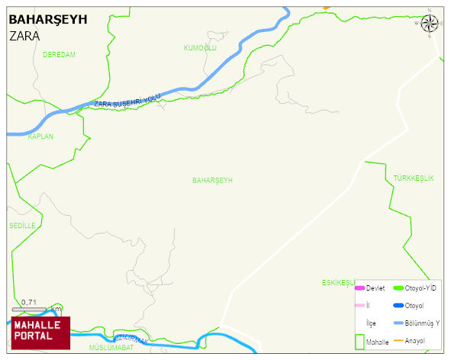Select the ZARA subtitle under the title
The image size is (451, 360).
coord(24,35)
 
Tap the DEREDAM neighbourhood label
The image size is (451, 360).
coord(59,55)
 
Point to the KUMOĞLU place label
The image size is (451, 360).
coord(200,48)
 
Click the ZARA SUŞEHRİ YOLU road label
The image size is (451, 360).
coord(127,101)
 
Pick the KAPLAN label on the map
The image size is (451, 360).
coord(40,137)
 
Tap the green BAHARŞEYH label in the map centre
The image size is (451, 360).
coord(212,180)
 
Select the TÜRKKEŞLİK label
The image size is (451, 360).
coord(413,178)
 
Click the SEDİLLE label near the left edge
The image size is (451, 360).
coord(22,226)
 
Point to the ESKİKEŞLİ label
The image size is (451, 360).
coord(338,282)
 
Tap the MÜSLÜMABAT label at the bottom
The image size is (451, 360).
coord(111,348)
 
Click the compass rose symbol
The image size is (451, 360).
coord(430,23)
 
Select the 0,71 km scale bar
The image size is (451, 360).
coord(31,307)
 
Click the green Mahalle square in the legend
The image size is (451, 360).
coord(359,341)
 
